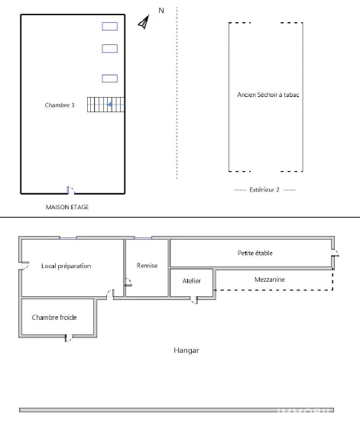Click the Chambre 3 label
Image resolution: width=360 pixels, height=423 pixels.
(x=60, y=105)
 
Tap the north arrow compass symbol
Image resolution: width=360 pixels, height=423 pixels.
(x=144, y=22)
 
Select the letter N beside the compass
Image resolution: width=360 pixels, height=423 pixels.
(x=161, y=11)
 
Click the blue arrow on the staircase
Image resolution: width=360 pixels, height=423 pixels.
(x=110, y=105)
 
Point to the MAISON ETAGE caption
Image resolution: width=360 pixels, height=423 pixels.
(x=67, y=207)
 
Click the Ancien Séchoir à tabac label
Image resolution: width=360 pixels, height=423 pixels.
(x=268, y=95)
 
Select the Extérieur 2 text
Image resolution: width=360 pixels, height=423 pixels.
(x=264, y=190)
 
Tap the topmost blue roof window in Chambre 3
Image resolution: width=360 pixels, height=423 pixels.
(x=109, y=27)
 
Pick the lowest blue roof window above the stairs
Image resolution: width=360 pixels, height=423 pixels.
(x=109, y=79)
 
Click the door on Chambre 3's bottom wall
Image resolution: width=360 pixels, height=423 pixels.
(x=70, y=190)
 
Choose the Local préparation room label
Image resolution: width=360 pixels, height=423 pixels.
(x=66, y=266)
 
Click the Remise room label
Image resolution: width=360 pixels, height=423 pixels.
(x=147, y=266)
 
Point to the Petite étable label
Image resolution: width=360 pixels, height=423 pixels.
(x=255, y=253)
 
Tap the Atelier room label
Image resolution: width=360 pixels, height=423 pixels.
(x=192, y=281)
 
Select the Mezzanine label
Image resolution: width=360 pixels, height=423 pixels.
(x=270, y=279)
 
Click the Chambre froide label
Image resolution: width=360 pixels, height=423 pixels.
(x=54, y=318)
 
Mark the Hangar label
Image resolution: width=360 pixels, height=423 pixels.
(x=186, y=350)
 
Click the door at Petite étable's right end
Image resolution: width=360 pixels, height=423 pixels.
(x=335, y=253)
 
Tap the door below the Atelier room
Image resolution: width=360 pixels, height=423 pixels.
(x=194, y=300)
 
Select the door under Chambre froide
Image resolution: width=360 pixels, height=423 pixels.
(x=69, y=338)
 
